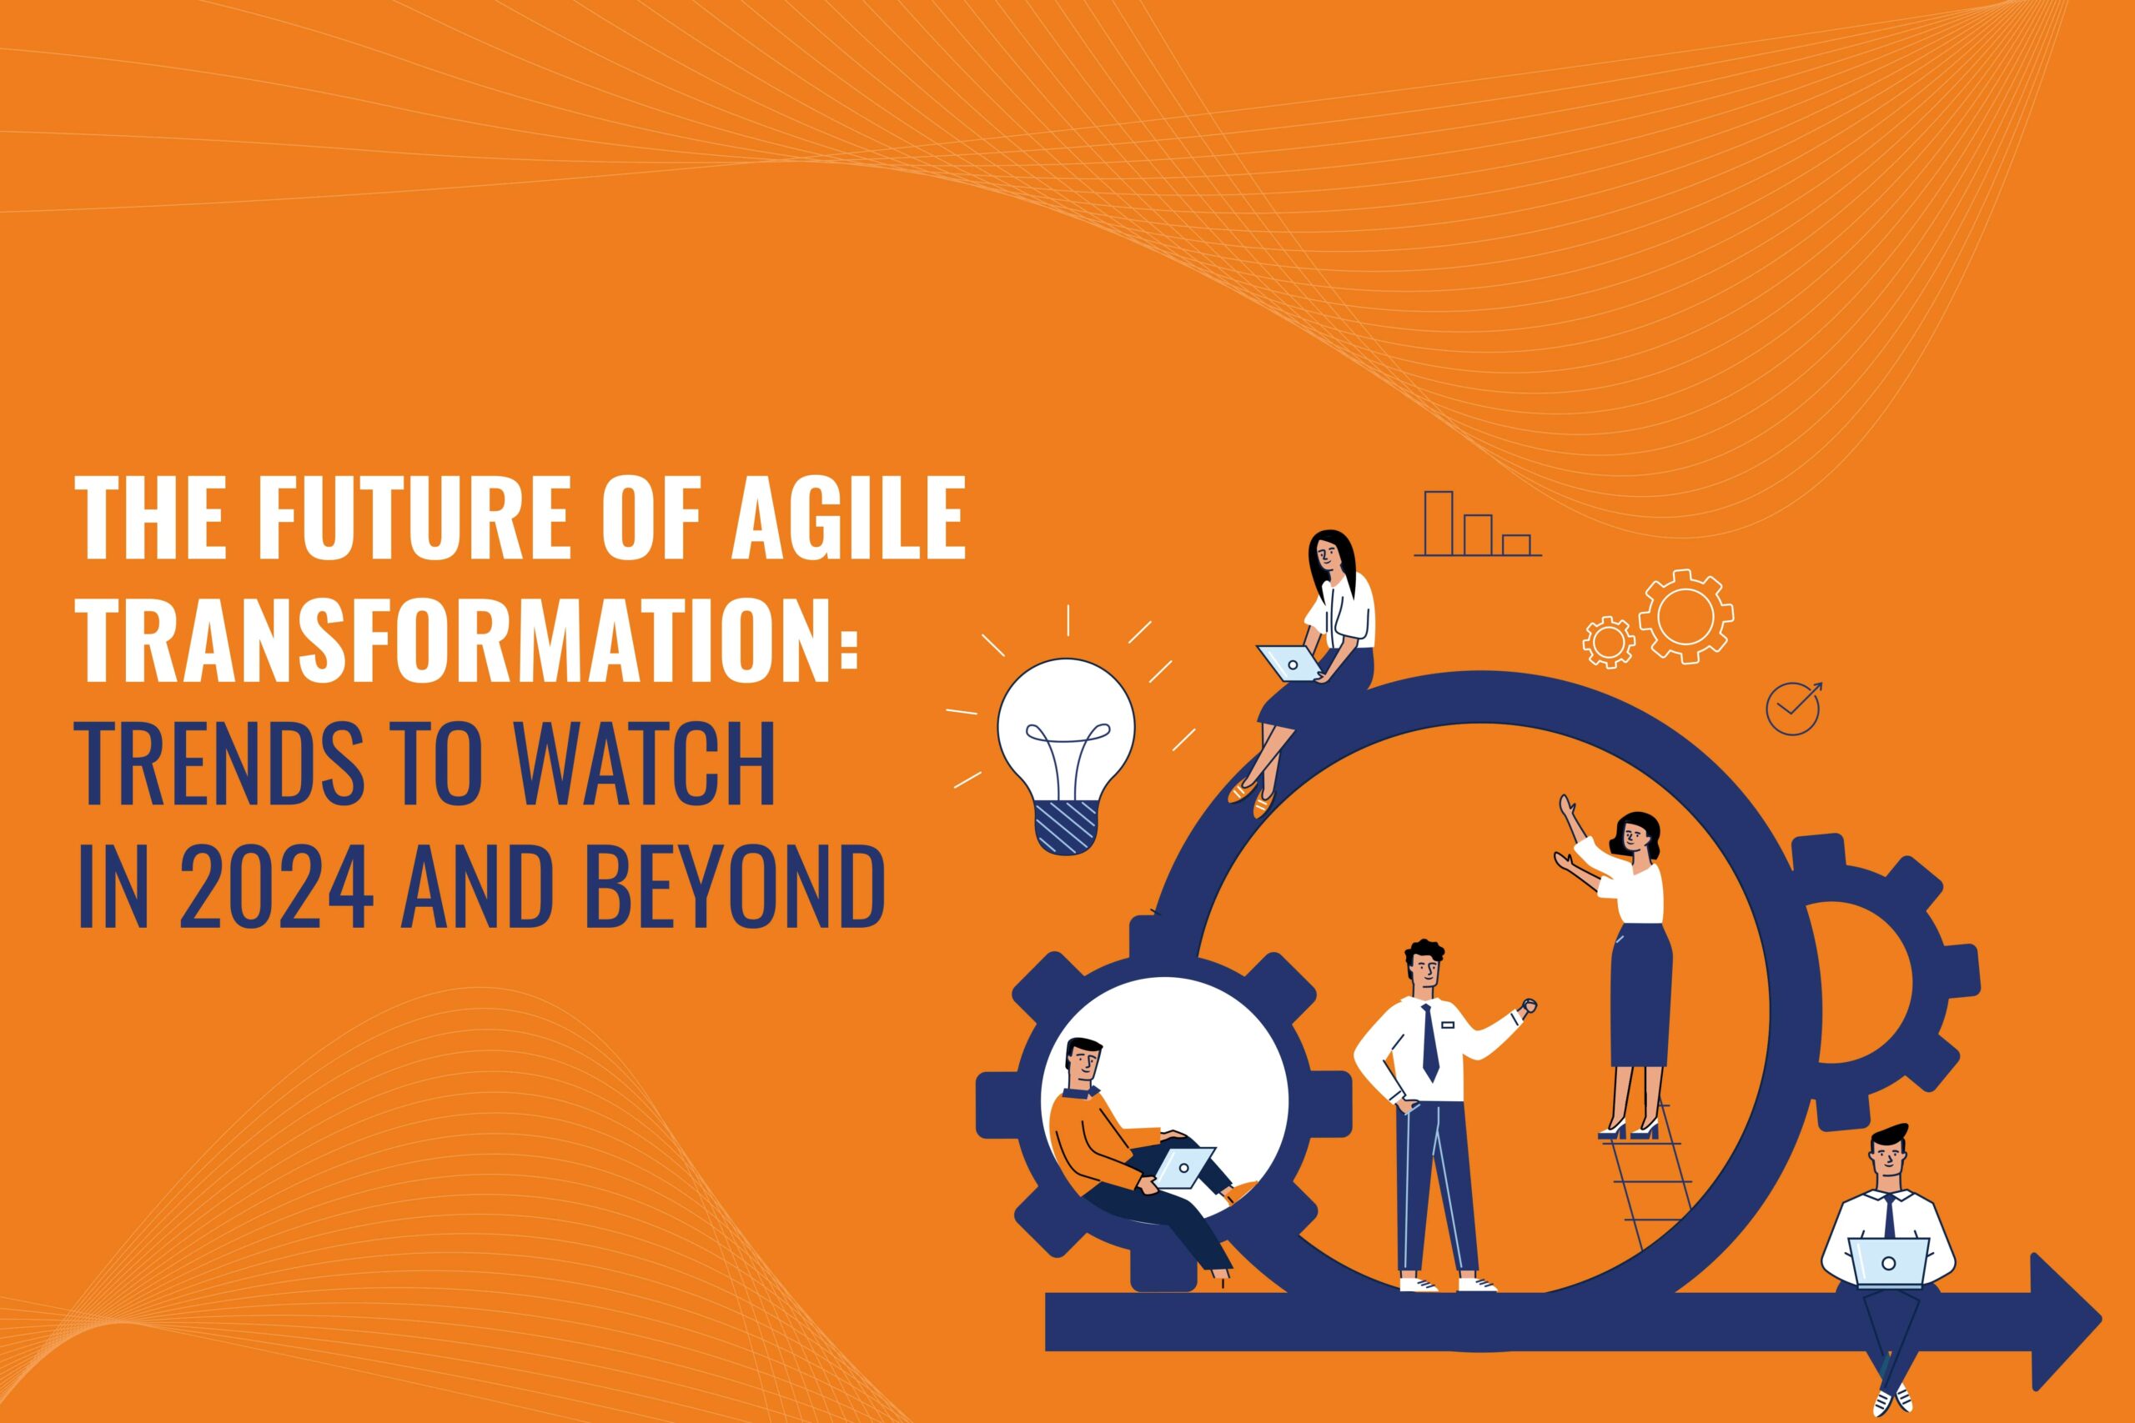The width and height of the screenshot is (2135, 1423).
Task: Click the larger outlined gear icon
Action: click(x=1685, y=616)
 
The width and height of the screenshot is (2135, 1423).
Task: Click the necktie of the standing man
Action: click(x=1430, y=1043)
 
